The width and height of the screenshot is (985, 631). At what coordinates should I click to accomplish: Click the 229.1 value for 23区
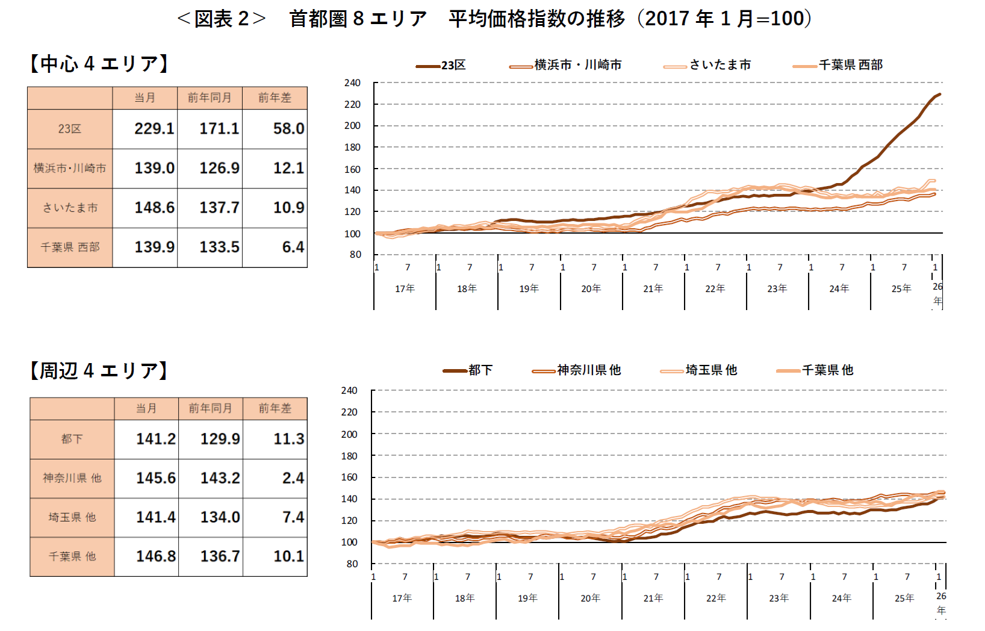154,128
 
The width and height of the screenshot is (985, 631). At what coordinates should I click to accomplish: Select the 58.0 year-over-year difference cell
288,128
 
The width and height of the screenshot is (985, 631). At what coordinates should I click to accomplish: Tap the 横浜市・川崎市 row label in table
70,168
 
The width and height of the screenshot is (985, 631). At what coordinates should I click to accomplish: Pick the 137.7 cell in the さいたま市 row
219,208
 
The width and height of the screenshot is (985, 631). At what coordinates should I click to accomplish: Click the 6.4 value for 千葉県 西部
293,247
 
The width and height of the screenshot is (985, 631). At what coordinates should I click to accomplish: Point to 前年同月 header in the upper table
210,98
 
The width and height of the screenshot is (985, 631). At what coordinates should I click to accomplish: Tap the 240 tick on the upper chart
352,82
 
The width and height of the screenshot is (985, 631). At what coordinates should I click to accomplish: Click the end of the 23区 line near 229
939,95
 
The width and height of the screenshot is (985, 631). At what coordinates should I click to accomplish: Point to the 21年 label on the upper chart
653,288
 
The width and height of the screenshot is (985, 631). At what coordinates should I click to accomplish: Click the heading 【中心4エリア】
99,63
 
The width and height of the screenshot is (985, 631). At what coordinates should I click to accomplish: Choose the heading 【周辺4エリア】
99,370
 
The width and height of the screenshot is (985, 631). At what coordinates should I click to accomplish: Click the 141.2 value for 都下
156,439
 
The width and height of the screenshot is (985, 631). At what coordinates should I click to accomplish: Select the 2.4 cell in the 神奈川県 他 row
293,478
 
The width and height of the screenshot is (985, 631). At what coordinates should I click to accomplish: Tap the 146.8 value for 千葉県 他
156,556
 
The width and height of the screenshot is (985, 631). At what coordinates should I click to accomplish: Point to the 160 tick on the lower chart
349,477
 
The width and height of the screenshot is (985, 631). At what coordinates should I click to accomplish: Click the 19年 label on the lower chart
527,598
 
